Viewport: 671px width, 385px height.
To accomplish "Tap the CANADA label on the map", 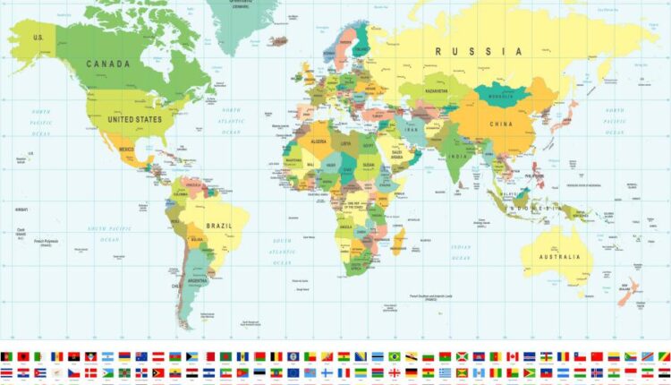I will coord(108,64).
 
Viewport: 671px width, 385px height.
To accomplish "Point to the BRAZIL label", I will coord(218,226).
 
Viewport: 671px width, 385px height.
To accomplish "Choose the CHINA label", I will coord(500,124).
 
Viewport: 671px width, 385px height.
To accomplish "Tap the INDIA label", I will coord(456,156).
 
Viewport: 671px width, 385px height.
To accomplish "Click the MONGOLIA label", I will coord(498,94).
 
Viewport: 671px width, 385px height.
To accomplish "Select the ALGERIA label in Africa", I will coord(319,141).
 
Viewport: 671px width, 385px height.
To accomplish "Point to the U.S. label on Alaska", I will coord(38,38).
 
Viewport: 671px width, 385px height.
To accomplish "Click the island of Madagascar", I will coord(399,240).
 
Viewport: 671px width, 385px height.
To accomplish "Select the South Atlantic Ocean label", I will coord(283,252).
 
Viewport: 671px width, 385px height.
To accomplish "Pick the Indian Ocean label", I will coord(461,251).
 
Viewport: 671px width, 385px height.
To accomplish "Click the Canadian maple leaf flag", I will coord(513,356).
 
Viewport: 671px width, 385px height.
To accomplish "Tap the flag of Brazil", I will coord(394,356).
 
